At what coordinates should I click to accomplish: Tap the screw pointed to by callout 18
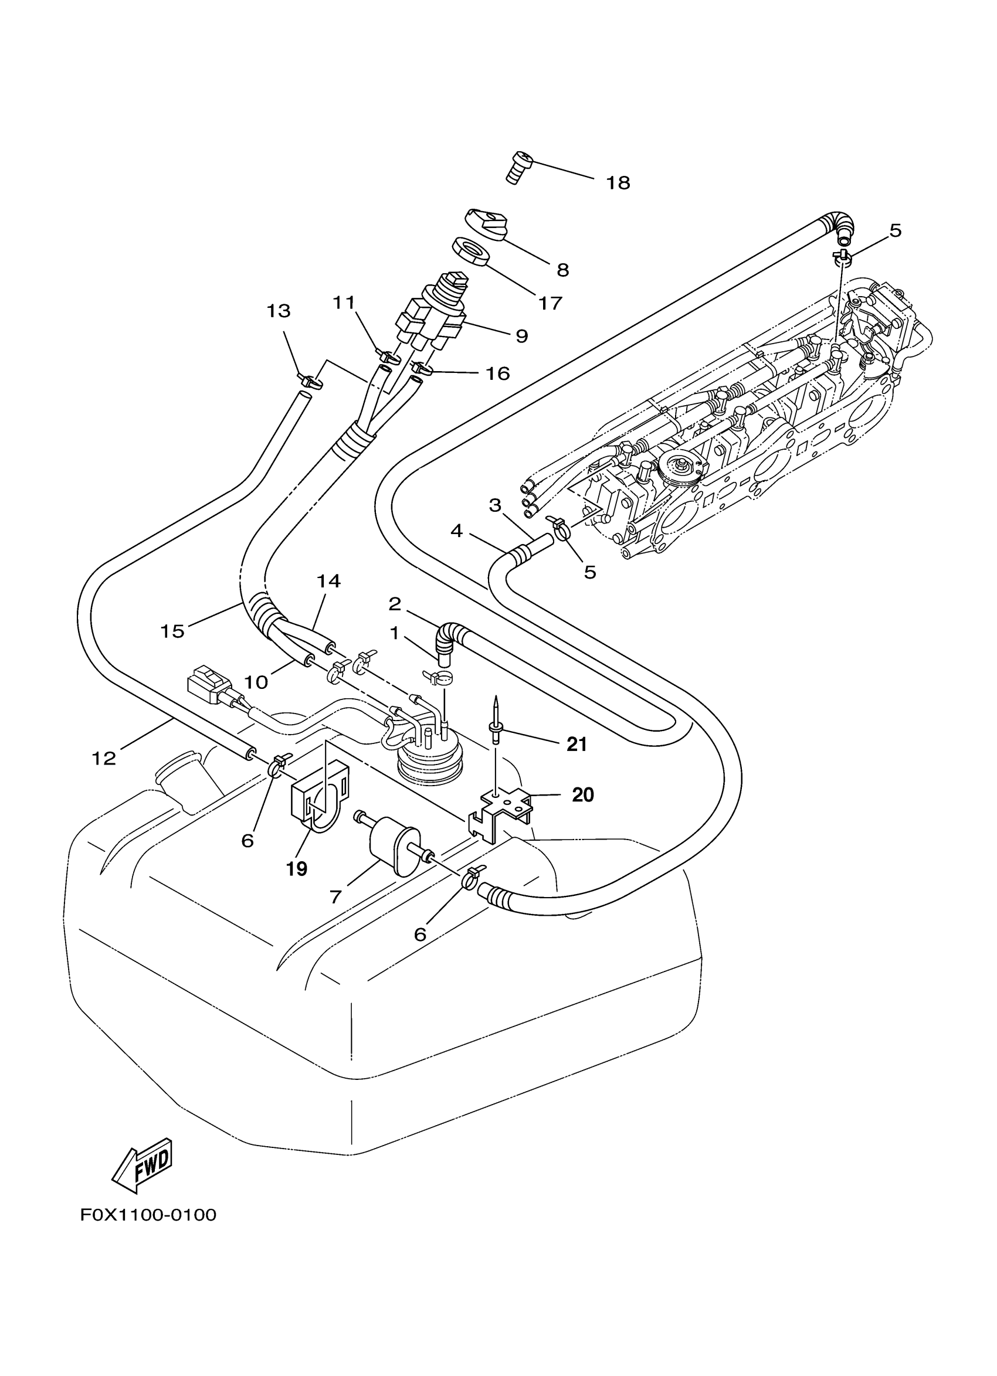(517, 168)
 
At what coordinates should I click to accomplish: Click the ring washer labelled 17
(470, 250)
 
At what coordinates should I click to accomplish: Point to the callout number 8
(562, 270)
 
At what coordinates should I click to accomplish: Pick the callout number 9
(521, 335)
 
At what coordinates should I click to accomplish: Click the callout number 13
(279, 311)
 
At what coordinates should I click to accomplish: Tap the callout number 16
(497, 373)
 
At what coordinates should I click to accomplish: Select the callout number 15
(172, 631)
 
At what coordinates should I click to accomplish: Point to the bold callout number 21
(577, 744)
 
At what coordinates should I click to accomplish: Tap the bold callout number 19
(296, 869)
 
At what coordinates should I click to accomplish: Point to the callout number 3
(495, 505)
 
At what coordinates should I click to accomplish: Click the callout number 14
(328, 581)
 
